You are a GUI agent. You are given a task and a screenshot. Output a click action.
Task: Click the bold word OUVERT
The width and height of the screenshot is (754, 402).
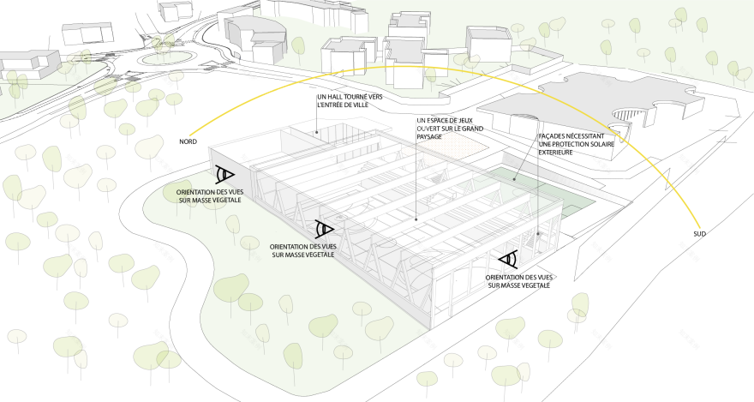pyautogui.click(x=430, y=129)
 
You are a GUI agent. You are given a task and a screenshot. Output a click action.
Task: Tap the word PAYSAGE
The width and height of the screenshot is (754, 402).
pyautogui.click(x=431, y=136)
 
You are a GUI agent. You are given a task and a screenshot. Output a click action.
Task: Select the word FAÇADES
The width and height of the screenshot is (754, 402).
pyautogui.click(x=554, y=136)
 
